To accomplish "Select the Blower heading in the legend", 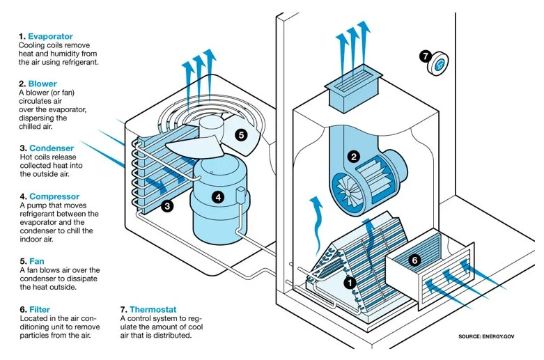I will [x=42, y=83].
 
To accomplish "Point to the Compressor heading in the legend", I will [x=54, y=196].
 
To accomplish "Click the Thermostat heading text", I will [x=152, y=308].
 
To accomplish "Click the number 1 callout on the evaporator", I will [x=350, y=282].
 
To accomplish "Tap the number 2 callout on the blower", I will [x=354, y=157].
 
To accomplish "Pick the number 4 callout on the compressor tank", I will [x=218, y=197].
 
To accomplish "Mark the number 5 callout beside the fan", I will [x=240, y=135].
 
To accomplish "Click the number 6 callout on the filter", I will [x=414, y=260].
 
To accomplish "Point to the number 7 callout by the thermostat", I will [x=426, y=55].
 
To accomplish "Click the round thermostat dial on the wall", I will [x=440, y=66].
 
